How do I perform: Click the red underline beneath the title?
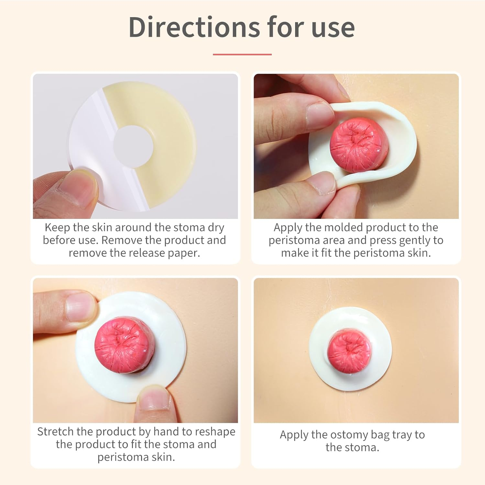click(242, 55)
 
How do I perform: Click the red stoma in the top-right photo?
click(359, 144)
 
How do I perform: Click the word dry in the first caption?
click(216, 228)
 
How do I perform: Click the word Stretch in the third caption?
click(55, 432)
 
